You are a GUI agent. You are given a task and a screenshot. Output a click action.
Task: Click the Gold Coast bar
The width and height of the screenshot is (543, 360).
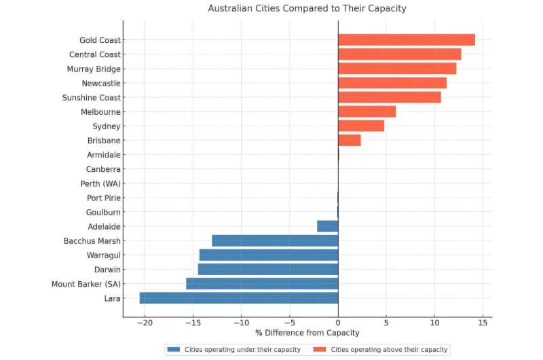(x=406, y=40)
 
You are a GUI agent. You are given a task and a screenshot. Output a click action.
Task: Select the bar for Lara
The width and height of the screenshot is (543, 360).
(x=239, y=298)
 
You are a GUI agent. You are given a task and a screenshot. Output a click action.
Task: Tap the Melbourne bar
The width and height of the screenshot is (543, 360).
(x=367, y=111)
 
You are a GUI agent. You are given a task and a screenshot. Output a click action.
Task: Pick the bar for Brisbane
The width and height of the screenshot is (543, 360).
(x=350, y=141)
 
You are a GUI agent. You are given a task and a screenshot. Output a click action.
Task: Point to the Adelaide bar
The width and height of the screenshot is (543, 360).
(x=327, y=226)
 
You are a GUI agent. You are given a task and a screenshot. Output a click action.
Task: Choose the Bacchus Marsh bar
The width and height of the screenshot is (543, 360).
(x=275, y=240)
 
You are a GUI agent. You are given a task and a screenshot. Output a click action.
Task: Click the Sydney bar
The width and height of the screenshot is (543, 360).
(x=361, y=126)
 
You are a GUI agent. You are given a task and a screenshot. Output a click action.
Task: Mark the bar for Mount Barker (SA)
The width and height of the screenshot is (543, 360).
(x=262, y=283)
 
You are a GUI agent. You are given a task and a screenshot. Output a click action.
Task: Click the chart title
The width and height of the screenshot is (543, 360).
(x=307, y=9)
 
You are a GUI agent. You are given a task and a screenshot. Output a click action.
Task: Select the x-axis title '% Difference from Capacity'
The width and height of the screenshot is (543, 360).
(x=307, y=333)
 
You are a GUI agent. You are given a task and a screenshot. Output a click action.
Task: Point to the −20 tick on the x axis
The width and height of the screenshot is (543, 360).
(x=144, y=323)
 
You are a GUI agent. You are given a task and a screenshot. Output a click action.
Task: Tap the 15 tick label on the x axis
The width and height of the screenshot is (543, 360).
(x=483, y=323)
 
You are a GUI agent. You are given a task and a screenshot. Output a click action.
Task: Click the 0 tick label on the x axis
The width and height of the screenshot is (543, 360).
(x=338, y=323)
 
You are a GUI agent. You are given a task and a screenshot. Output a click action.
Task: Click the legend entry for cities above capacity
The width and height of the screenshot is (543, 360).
(x=383, y=349)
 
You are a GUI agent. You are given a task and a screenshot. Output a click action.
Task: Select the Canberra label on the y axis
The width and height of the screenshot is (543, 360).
(x=103, y=169)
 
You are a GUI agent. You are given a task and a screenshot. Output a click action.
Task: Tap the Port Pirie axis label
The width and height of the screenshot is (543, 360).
(x=104, y=198)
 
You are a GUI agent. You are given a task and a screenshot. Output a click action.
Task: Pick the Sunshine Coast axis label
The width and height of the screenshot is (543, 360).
(x=91, y=98)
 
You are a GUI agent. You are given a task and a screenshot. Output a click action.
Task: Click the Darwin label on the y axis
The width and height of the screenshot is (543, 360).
(x=107, y=269)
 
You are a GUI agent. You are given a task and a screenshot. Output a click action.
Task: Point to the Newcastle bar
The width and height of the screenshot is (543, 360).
(x=392, y=83)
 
